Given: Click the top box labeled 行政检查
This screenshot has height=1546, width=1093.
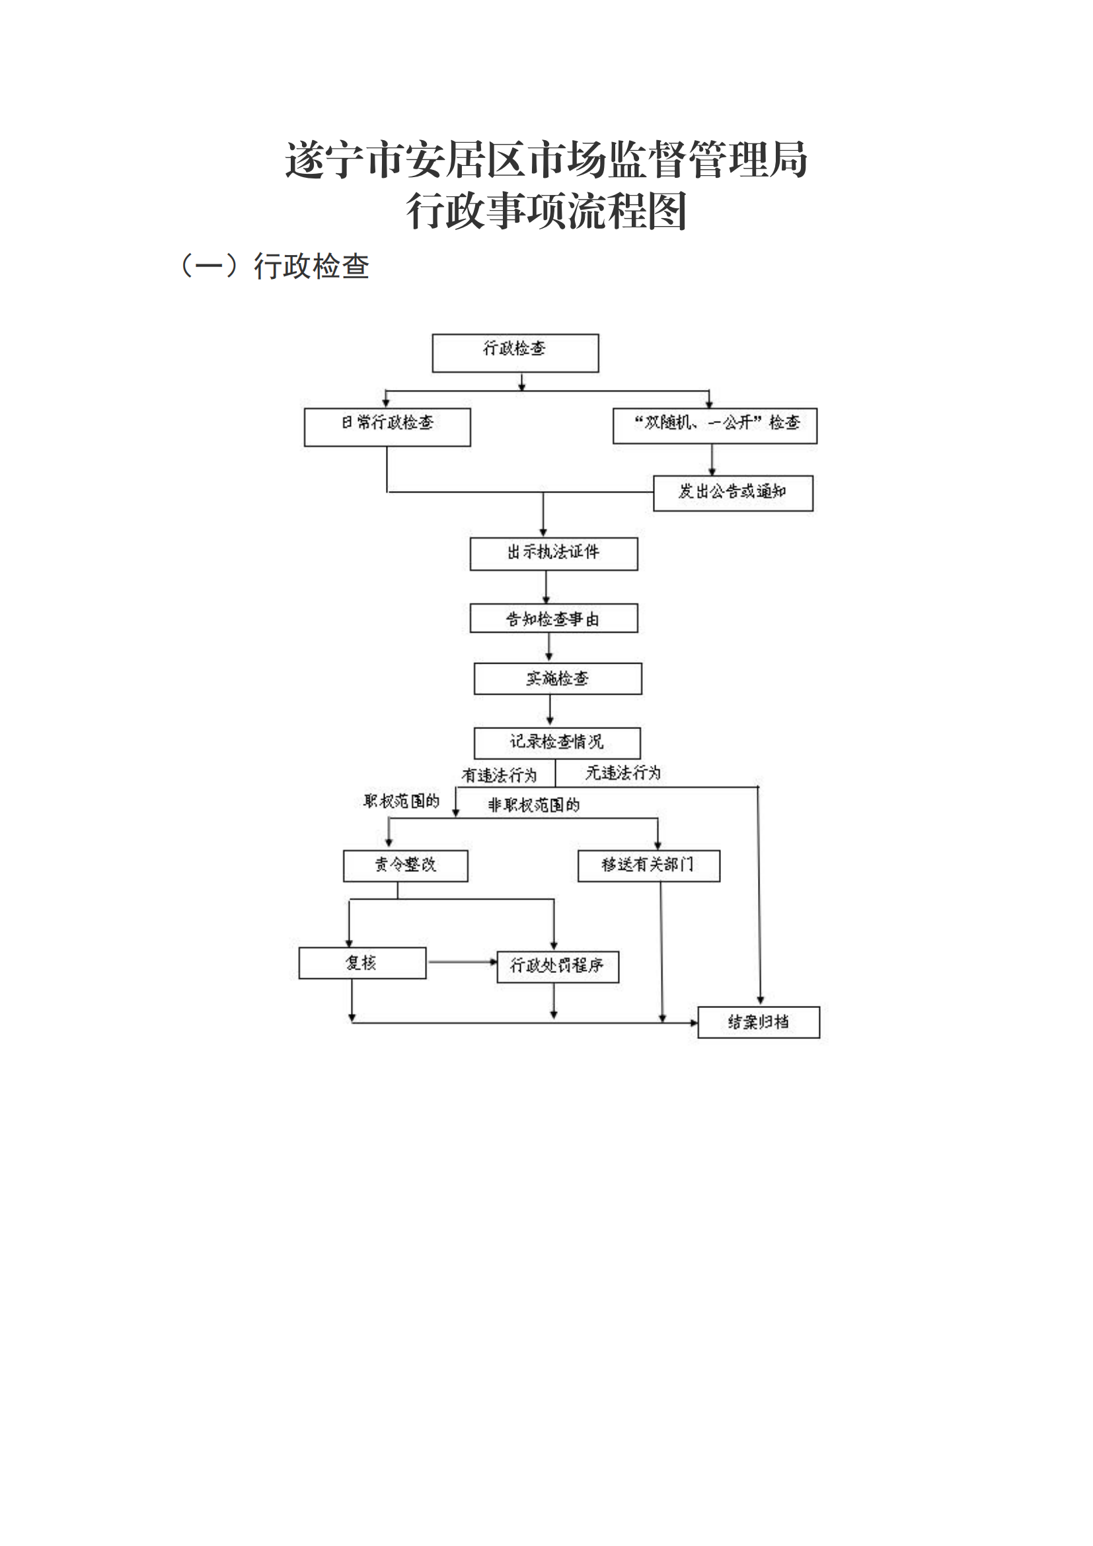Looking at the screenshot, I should click(x=515, y=353).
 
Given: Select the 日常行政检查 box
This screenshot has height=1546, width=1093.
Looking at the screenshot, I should click(x=387, y=427).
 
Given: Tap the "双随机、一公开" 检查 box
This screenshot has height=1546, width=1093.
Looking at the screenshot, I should click(x=715, y=426).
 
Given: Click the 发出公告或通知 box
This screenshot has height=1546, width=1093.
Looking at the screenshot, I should click(x=733, y=494).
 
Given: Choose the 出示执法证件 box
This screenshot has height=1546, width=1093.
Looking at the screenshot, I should click(x=553, y=553).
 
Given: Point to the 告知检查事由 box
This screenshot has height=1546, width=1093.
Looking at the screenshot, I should click(x=553, y=618).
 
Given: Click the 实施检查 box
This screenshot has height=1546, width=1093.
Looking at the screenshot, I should click(x=557, y=679).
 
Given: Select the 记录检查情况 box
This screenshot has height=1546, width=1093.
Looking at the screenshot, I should click(x=556, y=743).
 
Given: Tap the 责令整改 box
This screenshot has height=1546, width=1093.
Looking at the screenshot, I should click(x=405, y=865).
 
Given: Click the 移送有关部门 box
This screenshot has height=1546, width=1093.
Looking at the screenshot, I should click(x=648, y=865).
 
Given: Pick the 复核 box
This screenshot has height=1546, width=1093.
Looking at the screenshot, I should click(x=362, y=963).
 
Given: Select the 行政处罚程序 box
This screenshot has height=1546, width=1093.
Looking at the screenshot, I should click(x=557, y=967).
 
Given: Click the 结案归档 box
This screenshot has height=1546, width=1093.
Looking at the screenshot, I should click(x=759, y=1022).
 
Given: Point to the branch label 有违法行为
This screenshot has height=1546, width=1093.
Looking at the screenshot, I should click(x=499, y=776).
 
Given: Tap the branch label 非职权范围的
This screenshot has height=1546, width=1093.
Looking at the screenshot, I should click(x=533, y=805).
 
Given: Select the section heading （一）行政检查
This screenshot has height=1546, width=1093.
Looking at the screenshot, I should click(x=275, y=266).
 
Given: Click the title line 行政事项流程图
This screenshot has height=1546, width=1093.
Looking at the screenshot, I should click(x=546, y=211).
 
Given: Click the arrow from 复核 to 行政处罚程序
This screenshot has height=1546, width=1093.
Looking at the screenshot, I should click(x=462, y=962).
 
